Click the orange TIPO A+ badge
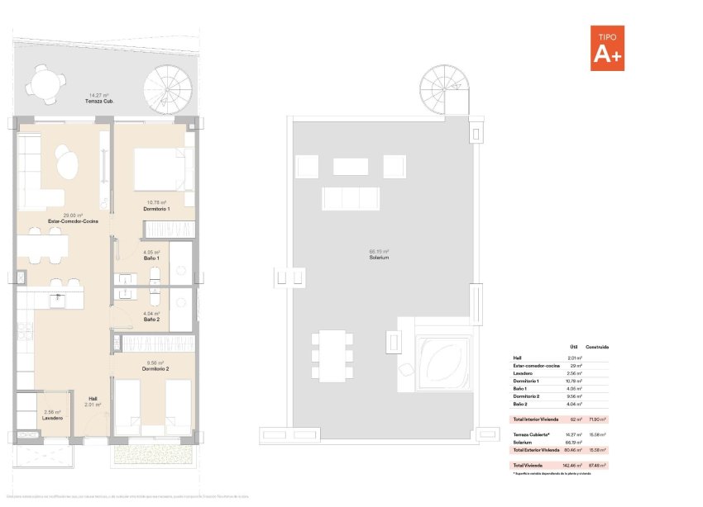coord(607,49)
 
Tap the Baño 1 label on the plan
coord(151,258)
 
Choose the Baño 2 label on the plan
coord(151,319)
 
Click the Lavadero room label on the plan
coord(52,417)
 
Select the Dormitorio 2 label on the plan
coord(155,367)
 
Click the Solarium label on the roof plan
coord(380,258)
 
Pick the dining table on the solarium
coord(332,354)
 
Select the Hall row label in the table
coord(518,358)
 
